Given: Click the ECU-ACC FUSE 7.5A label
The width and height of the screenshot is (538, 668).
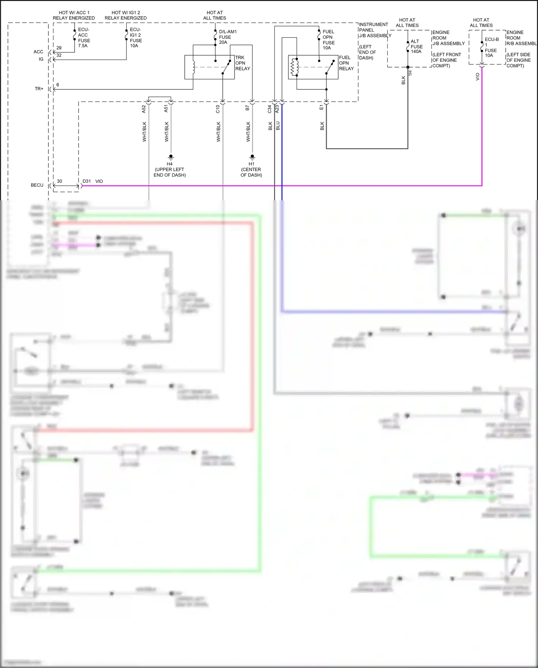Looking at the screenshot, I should pos(84,38).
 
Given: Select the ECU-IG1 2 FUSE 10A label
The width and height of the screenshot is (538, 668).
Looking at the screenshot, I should pos(136,38).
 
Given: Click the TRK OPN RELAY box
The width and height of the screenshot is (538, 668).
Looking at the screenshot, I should pos(209,67).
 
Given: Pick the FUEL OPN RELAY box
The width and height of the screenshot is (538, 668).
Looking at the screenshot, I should pos(313,67).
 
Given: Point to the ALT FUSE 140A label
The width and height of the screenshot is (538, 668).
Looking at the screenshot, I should pos(416,47).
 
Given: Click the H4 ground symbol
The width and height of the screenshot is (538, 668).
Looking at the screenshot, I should pos(171,157).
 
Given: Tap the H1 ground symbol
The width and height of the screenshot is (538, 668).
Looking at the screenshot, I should pos(252,157).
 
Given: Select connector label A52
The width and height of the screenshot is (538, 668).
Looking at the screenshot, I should pos(144,109).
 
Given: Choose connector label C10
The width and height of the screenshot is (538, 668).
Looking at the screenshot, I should pos(218,109).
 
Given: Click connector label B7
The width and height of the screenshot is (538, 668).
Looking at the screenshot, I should pos(247,108).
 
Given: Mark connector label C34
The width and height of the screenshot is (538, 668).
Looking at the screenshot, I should pos(270,109).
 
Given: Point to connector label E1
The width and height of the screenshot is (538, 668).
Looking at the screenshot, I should pos(321,107).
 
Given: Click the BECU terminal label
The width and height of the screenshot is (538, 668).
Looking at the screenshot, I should pos(37,185).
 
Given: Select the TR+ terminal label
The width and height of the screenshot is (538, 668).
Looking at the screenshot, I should pos(39,89).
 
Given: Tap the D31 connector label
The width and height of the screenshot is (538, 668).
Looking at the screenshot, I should pos(86,181).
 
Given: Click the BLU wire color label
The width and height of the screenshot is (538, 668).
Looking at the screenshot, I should pos(278,126).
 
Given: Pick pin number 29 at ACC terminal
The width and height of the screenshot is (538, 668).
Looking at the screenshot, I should pos(59,48).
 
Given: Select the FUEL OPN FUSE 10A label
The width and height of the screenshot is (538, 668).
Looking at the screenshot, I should pos(328,40).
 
